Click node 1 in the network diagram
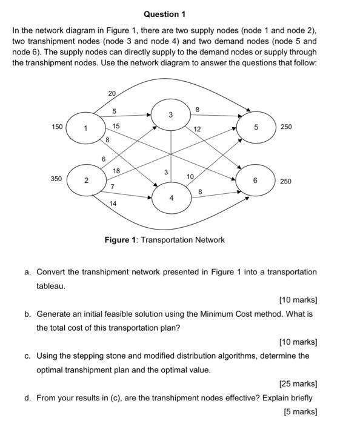(x=87, y=128)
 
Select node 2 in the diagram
(x=87, y=181)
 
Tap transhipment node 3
(x=171, y=115)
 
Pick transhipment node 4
(x=172, y=197)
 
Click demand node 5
(x=256, y=128)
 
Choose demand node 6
(x=256, y=181)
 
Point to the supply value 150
(x=56, y=127)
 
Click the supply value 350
(x=56, y=179)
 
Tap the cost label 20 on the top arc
(x=112, y=93)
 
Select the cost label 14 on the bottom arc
(x=113, y=204)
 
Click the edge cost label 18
(x=118, y=171)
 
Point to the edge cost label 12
(x=198, y=130)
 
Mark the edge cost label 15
(x=116, y=126)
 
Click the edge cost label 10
(x=190, y=176)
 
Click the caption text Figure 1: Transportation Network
(x=164, y=240)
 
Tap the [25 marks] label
(x=298, y=383)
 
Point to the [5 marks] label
(x=300, y=411)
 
